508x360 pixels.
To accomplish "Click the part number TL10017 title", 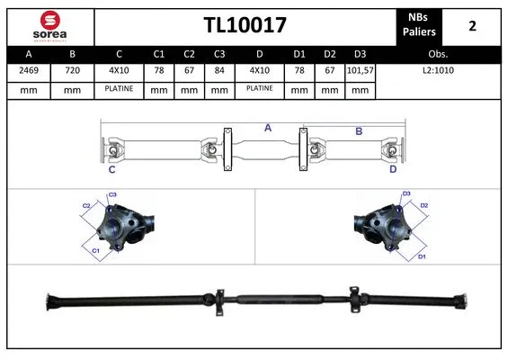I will coord(245,26).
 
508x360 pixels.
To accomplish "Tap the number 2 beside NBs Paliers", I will coord(473,26).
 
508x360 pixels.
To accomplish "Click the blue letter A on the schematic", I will coord(267,128).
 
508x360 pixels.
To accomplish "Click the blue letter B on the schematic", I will coord(358,131).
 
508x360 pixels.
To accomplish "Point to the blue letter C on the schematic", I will coord(111,169).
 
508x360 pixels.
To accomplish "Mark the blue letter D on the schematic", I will coord(393,168).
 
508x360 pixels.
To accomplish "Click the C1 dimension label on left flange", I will coord(96,250).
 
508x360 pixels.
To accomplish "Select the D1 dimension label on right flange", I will coord(421,256).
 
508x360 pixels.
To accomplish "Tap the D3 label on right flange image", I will coord(406,193).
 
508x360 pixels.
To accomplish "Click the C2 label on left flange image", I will coord(87,206).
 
